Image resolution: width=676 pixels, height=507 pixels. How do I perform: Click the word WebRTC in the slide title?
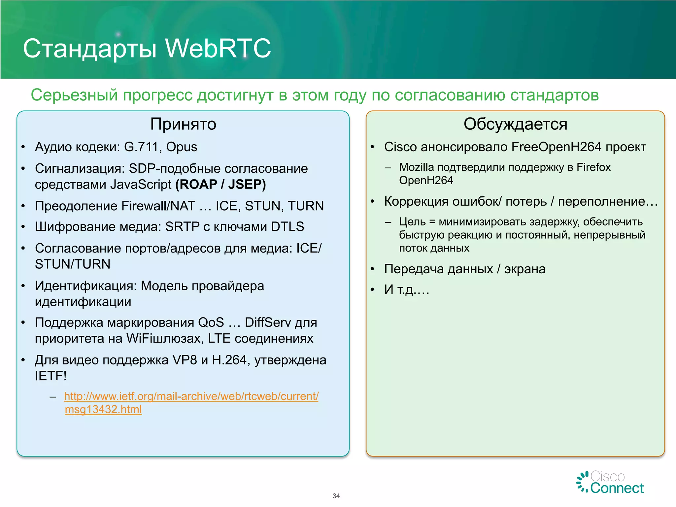pos(218,48)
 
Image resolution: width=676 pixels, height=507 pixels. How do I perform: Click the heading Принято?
pos(183,124)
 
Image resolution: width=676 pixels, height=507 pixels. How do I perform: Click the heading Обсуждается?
pos(515,124)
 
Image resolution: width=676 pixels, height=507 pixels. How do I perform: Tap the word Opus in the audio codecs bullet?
pos(182,147)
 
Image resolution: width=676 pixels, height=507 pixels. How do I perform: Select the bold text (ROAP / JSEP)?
pos(220,184)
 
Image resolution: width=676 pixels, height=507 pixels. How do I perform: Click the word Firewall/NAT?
pos(158,206)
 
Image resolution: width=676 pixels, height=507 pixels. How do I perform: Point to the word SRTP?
pos(182,227)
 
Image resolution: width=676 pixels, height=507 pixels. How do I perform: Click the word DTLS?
pos(287,227)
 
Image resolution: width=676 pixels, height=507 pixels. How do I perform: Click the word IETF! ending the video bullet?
pos(51,376)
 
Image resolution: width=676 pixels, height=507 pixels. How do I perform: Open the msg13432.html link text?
pos(103,410)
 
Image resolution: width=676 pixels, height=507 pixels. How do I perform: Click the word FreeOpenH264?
pos(556,147)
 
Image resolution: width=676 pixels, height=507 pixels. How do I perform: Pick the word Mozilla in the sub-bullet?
pos(417,167)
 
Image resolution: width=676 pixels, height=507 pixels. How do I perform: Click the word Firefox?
pos(593,167)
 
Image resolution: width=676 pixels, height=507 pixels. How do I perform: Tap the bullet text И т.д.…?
pos(407,289)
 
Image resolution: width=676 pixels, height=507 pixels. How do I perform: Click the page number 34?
pos(336,496)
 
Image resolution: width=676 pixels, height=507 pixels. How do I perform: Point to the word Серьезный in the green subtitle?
pos(74,95)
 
